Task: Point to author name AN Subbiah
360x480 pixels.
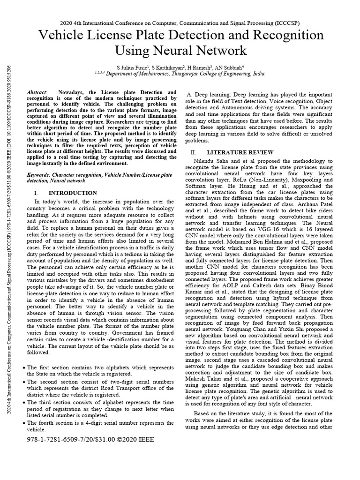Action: pyautogui.click(x=240, y=67)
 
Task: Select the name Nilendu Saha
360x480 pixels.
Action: pyautogui.click(x=213, y=161)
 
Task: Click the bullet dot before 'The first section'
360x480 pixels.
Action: pyautogui.click(x=23, y=368)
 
